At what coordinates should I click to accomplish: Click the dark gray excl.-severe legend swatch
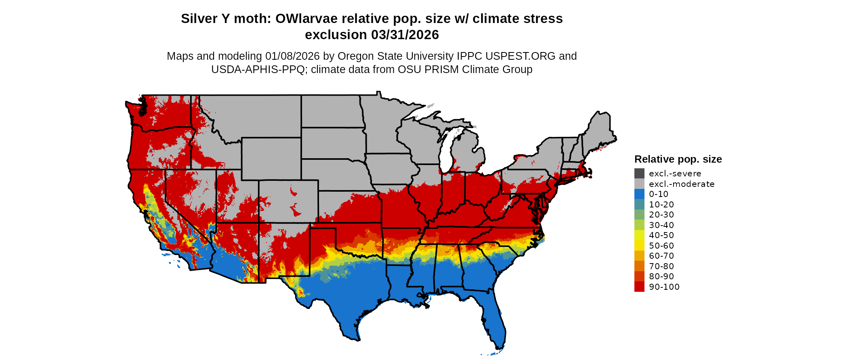point(639,174)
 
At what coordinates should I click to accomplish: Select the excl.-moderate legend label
point(682,184)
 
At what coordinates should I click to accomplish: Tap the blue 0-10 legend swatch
point(639,194)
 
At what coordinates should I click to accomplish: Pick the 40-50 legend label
point(661,235)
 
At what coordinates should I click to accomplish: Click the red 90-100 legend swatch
point(639,287)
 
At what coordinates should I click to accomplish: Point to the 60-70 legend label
point(661,256)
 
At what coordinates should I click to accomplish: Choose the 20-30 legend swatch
point(639,215)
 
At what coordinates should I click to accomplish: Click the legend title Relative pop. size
point(678,159)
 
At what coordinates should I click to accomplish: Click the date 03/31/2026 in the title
point(405,35)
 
